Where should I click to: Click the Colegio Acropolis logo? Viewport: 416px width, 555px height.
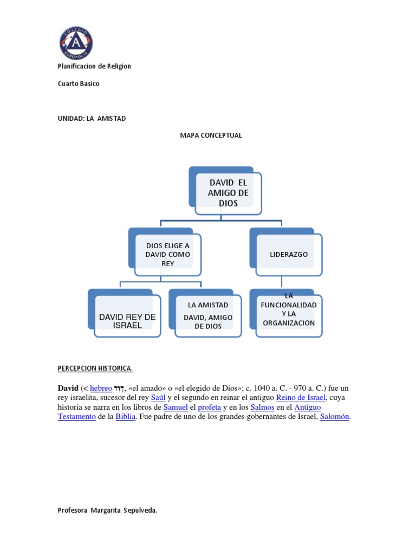pos(76,43)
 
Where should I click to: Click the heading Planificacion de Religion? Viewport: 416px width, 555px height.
pos(94,66)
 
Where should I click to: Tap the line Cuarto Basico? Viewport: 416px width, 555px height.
pos(79,83)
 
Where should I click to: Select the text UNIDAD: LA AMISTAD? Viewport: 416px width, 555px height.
pos(92,118)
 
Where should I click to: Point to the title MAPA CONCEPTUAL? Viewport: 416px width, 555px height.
pos(211,135)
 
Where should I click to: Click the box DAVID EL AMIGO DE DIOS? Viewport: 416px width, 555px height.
pos(227,193)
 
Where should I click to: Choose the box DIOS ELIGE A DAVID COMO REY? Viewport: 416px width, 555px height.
pos(167,254)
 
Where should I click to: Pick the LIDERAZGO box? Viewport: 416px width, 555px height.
pos(289,254)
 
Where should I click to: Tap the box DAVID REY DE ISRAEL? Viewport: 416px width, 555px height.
pos(127,321)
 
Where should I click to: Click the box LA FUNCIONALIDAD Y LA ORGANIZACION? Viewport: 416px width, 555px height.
pos(289,314)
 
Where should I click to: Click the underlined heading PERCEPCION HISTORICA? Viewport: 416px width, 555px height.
pos(95,369)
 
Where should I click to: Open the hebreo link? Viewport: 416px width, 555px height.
pos(101,388)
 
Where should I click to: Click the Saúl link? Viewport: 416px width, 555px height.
pos(158,398)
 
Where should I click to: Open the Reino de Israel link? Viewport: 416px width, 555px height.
pos(301,398)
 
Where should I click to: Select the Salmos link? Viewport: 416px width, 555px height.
pos(263,407)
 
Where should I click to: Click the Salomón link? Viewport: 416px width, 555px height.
pos(335,417)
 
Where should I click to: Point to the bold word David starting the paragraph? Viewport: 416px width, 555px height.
pos(68,388)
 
